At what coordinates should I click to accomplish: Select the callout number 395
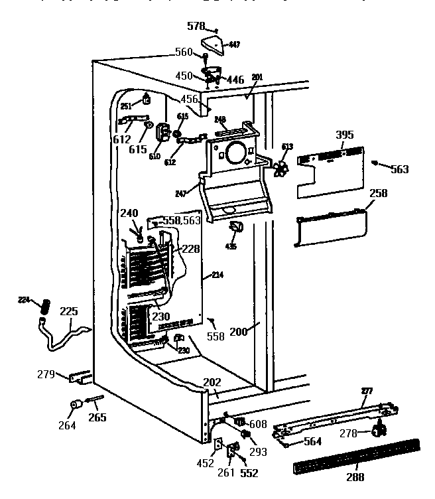click(x=345, y=135)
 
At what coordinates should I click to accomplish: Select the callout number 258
click(x=378, y=194)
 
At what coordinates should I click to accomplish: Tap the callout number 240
click(x=129, y=213)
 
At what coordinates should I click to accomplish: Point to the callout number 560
click(x=184, y=52)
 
